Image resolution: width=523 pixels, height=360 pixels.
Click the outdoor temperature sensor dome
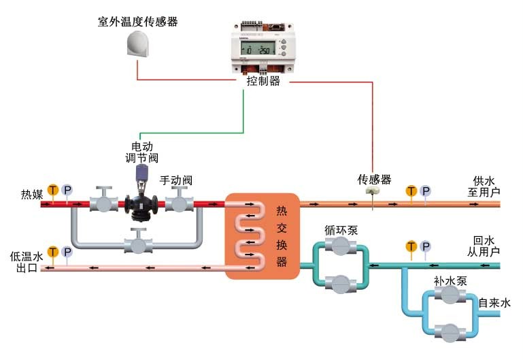pos(141,45)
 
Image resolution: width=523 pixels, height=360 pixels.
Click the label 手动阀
pos(176,180)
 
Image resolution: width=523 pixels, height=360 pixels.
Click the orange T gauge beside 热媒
pos(53,190)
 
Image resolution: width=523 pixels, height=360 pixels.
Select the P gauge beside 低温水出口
pos(67,252)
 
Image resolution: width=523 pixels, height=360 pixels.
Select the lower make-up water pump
pos(448,331)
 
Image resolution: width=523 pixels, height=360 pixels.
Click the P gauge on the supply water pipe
pos(425,191)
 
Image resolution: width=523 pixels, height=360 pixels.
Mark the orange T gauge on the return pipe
pos(411,246)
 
